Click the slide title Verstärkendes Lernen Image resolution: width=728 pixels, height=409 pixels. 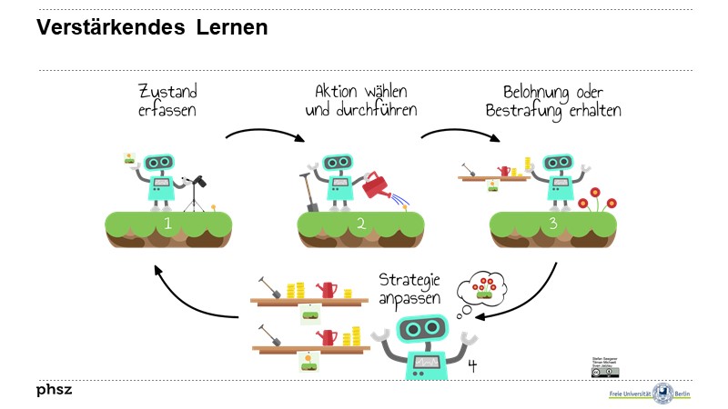[152, 28]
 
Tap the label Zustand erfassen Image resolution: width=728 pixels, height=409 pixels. [167, 101]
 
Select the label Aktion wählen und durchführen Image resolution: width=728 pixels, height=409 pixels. [361, 101]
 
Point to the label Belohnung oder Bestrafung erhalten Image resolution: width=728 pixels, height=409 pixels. [561, 101]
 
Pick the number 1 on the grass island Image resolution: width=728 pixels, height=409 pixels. [167, 223]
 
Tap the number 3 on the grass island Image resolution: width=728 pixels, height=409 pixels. [553, 223]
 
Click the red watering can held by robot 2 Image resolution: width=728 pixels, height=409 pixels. [376, 186]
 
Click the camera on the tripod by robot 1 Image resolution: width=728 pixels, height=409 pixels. [197, 182]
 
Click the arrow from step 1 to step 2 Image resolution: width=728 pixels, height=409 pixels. [265, 135]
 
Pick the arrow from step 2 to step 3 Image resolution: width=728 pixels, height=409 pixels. [460, 135]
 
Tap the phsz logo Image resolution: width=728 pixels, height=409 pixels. [54, 390]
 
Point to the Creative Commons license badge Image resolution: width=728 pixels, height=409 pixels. [605, 371]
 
